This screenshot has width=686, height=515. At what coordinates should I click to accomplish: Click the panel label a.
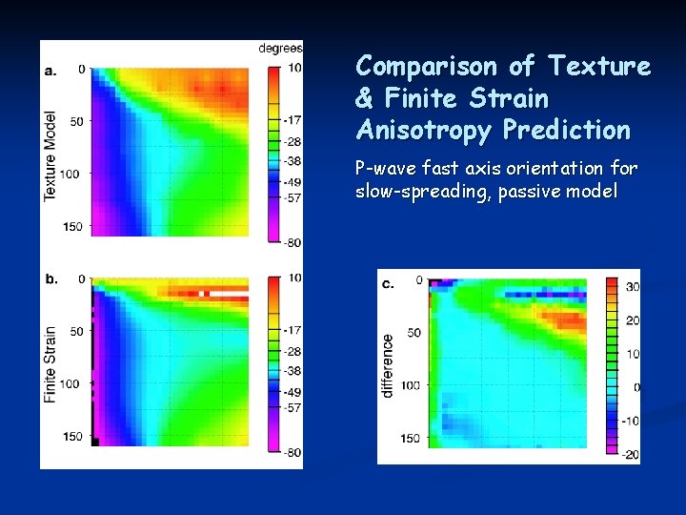click(50, 70)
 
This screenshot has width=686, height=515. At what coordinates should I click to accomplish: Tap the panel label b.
click(50, 278)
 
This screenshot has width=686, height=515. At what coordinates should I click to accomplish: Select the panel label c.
click(388, 283)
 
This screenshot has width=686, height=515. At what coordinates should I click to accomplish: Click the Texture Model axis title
click(50, 154)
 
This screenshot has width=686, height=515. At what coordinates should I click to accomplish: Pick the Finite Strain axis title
click(50, 363)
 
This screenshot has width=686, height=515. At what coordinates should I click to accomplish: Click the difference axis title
click(388, 365)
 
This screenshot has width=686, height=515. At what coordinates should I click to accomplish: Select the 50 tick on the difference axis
click(413, 333)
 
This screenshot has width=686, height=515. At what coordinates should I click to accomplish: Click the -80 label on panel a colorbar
click(292, 242)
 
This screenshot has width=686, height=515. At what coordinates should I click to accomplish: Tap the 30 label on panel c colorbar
click(632, 286)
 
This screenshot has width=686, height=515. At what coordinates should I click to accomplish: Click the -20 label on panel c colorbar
click(630, 455)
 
